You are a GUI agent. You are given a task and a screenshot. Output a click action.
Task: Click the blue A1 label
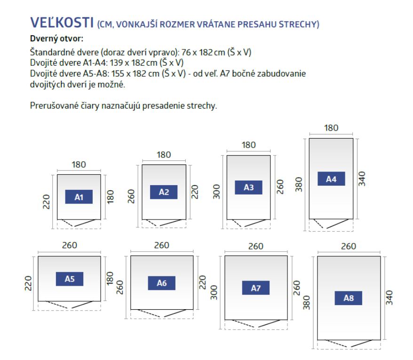point(79,197)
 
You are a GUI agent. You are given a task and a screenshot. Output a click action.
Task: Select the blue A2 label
point(164,192)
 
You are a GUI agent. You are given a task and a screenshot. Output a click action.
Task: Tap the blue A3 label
point(248,188)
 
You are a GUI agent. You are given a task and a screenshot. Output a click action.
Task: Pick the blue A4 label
point(331,179)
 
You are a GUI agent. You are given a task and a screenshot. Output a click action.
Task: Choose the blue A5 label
point(70,279)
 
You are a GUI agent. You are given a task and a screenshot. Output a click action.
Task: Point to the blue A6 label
point(161,283)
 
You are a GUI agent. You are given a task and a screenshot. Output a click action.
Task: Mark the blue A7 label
point(256,288)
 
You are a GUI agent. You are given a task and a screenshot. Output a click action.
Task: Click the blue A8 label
point(348,298)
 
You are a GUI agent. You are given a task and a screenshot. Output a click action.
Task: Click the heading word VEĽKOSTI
point(62,23)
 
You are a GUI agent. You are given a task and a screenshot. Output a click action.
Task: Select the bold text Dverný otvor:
point(56,39)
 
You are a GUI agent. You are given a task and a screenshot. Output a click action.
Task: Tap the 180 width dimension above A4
point(331,128)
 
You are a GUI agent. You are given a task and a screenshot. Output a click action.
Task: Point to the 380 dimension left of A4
point(298,185)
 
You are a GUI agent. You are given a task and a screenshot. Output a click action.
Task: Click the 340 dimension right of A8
point(389,298)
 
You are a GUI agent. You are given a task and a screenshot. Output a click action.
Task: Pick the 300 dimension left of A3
point(216,192)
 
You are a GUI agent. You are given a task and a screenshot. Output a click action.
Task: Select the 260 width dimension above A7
point(256,246)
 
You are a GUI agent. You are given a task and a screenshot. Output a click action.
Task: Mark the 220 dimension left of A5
point(28,283)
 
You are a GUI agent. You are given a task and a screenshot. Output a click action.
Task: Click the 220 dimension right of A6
point(202,282)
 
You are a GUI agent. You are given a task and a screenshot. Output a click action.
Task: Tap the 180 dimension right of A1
point(111,196)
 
